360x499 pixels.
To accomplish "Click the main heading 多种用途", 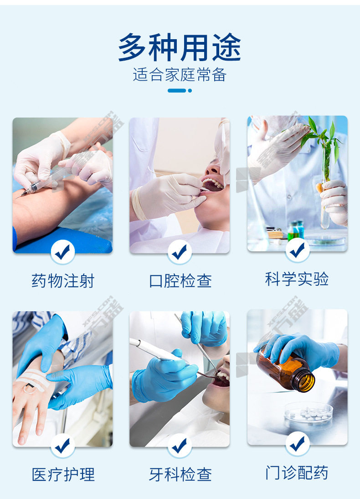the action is pyautogui.click(x=180, y=47).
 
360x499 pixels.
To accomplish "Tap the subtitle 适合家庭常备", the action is pyautogui.click(x=180, y=75).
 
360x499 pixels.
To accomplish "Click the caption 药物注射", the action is pyautogui.click(x=63, y=281).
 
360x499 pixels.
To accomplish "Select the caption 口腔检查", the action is pyautogui.click(x=180, y=281).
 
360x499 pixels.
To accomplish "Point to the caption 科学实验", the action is pyautogui.click(x=297, y=279).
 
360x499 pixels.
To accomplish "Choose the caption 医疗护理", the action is pyautogui.click(x=63, y=474).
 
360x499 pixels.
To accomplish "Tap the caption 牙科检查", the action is pyautogui.click(x=180, y=474).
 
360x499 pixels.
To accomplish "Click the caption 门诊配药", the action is pyautogui.click(x=297, y=473).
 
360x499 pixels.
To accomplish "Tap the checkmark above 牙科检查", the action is pyautogui.click(x=180, y=446).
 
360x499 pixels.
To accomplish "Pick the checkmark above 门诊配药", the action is pyautogui.click(x=297, y=443).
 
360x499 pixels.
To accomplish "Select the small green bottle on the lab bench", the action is pyautogui.click(x=293, y=231).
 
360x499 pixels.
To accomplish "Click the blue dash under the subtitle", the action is pyautogui.click(x=177, y=91).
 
